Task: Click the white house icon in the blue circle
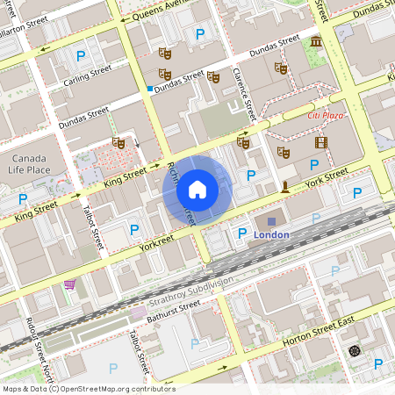[x=197, y=189]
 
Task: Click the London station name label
[x=271, y=235]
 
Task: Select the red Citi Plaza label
[x=325, y=115]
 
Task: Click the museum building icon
[x=315, y=42]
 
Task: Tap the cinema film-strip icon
[x=320, y=142]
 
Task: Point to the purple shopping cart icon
[x=69, y=284]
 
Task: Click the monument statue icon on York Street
[x=285, y=186]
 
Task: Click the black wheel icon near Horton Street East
[x=355, y=350]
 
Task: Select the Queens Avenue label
[x=157, y=14]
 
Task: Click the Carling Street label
[x=87, y=73]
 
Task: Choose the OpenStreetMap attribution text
[x=88, y=388]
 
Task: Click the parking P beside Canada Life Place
[x=23, y=199]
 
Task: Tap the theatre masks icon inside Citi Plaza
[x=283, y=152]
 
